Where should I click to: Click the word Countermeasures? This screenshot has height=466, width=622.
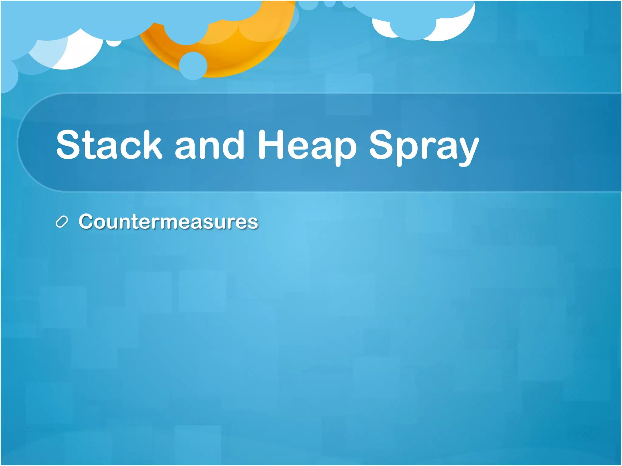168,221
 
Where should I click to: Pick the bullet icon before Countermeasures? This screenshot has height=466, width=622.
62,222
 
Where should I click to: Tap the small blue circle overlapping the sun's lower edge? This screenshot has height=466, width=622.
193,66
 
